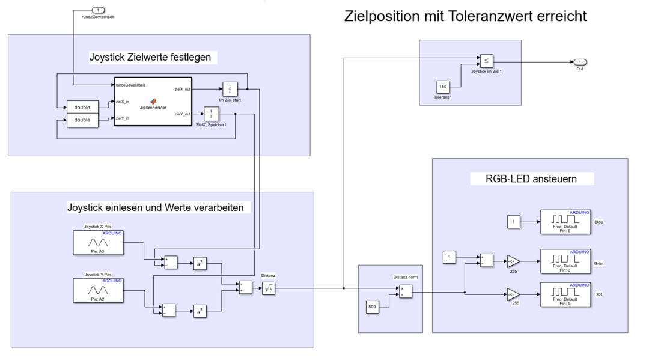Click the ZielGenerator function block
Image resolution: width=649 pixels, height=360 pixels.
(153, 102)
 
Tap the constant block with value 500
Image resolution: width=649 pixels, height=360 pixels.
(373, 307)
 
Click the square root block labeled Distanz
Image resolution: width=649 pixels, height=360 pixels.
(269, 288)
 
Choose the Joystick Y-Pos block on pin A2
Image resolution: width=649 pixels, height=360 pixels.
(99, 290)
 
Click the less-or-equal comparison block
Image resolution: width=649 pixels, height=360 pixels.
(486, 61)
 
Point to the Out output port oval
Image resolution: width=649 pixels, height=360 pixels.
(579, 62)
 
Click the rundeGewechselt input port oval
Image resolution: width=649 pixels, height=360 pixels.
(99, 10)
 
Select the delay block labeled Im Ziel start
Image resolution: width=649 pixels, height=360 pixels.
(230, 89)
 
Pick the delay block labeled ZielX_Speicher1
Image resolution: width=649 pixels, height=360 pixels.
(211, 114)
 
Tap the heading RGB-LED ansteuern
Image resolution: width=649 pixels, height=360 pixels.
(531, 179)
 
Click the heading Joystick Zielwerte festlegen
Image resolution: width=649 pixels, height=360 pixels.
(150, 58)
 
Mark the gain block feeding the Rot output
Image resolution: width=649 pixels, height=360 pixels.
(513, 294)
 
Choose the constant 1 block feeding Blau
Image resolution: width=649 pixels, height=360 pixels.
(513, 222)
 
